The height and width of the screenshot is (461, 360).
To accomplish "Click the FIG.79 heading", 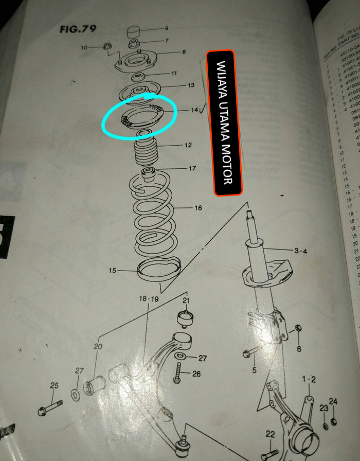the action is (78, 28).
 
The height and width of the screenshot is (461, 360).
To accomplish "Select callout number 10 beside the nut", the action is (84, 48).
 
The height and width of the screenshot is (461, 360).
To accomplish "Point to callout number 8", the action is (183, 52).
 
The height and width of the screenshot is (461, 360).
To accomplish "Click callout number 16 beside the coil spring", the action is (198, 208).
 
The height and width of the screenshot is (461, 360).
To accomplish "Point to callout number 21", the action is (186, 300).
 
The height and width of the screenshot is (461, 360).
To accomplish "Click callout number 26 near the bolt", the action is (196, 374).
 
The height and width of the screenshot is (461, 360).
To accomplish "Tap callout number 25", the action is (54, 385).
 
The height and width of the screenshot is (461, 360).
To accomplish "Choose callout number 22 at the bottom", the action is (270, 434).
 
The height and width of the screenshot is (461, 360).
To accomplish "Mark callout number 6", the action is (299, 349).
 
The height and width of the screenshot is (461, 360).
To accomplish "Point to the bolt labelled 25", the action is (50, 409).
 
